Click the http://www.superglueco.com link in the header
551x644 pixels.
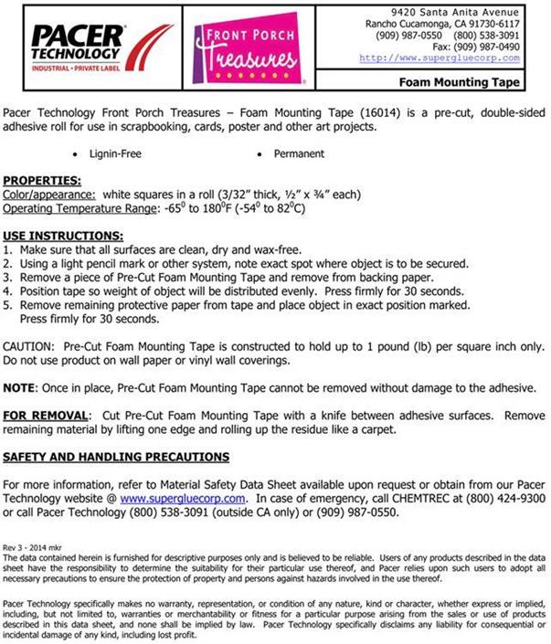(440, 58)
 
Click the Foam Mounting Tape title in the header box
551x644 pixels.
(466, 82)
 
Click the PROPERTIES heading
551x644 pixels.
(42, 181)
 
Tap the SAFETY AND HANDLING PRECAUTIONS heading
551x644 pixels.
(116, 457)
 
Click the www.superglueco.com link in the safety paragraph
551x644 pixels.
(183, 499)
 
